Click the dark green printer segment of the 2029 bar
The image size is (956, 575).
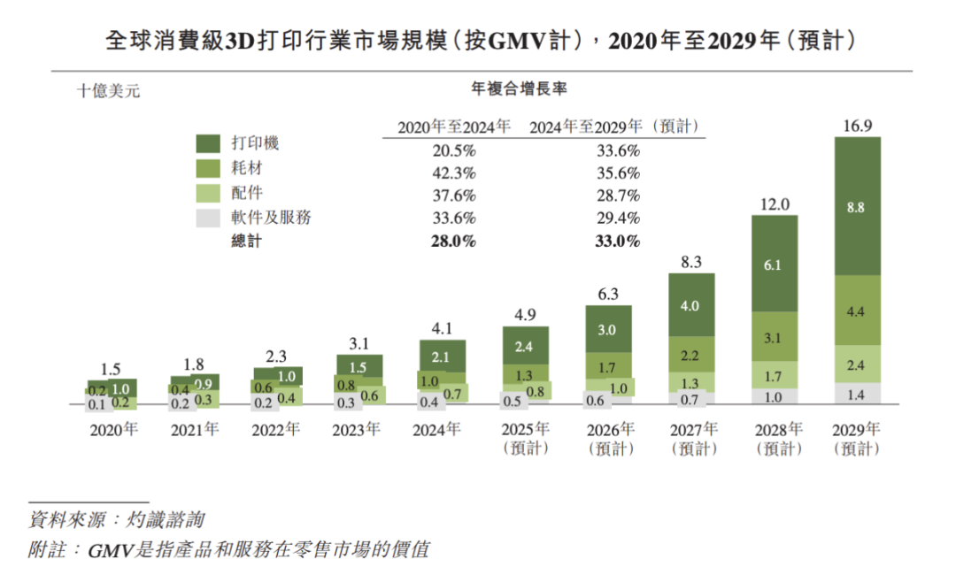click(857, 206)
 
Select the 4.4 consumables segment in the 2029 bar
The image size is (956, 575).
click(857, 310)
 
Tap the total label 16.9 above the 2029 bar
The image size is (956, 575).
click(857, 126)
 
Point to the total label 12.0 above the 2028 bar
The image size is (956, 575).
click(775, 203)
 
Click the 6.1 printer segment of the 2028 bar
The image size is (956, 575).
click(775, 263)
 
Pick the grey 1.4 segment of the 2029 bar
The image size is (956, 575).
click(857, 395)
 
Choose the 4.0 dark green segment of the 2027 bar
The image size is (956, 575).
click(691, 304)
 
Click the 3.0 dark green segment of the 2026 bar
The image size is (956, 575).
click(609, 329)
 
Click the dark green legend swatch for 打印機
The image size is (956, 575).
click(209, 143)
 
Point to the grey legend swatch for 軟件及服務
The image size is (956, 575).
click(209, 218)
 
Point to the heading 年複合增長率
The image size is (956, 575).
click(532, 88)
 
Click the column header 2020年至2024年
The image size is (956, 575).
click(454, 126)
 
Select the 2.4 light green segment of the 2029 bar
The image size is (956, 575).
click(857, 364)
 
